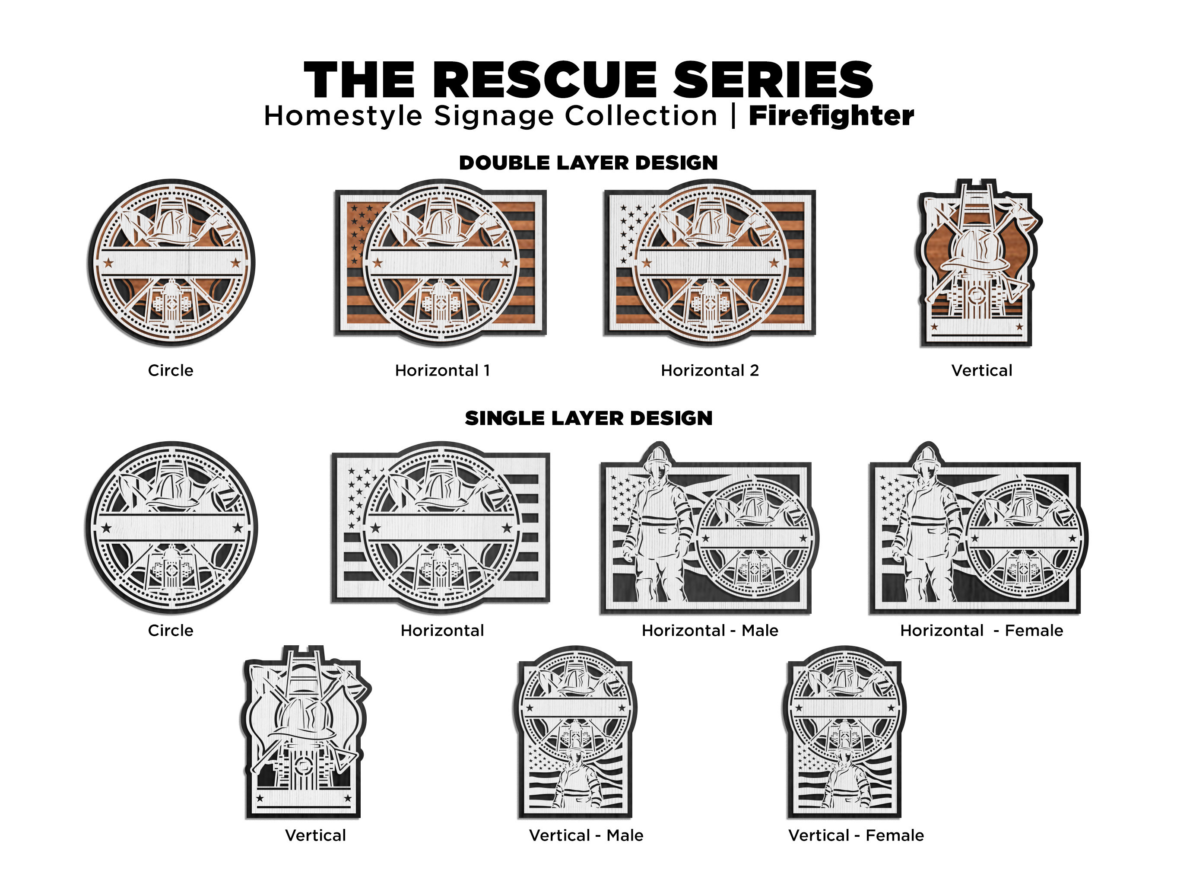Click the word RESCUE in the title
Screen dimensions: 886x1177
548,80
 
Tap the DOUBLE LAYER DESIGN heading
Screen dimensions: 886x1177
588,163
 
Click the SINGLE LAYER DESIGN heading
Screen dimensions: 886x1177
588,418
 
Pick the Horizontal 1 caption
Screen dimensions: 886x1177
442,370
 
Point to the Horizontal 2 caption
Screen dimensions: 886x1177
710,370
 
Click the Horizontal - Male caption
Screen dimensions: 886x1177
710,631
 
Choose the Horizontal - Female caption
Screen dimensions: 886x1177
981,631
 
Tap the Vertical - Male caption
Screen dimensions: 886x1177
586,835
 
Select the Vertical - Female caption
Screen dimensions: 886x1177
856,835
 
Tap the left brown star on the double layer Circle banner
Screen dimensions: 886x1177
108,262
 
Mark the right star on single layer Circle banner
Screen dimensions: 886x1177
237,528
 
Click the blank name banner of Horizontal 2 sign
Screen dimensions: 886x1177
710,262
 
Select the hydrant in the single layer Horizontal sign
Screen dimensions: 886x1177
441,567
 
